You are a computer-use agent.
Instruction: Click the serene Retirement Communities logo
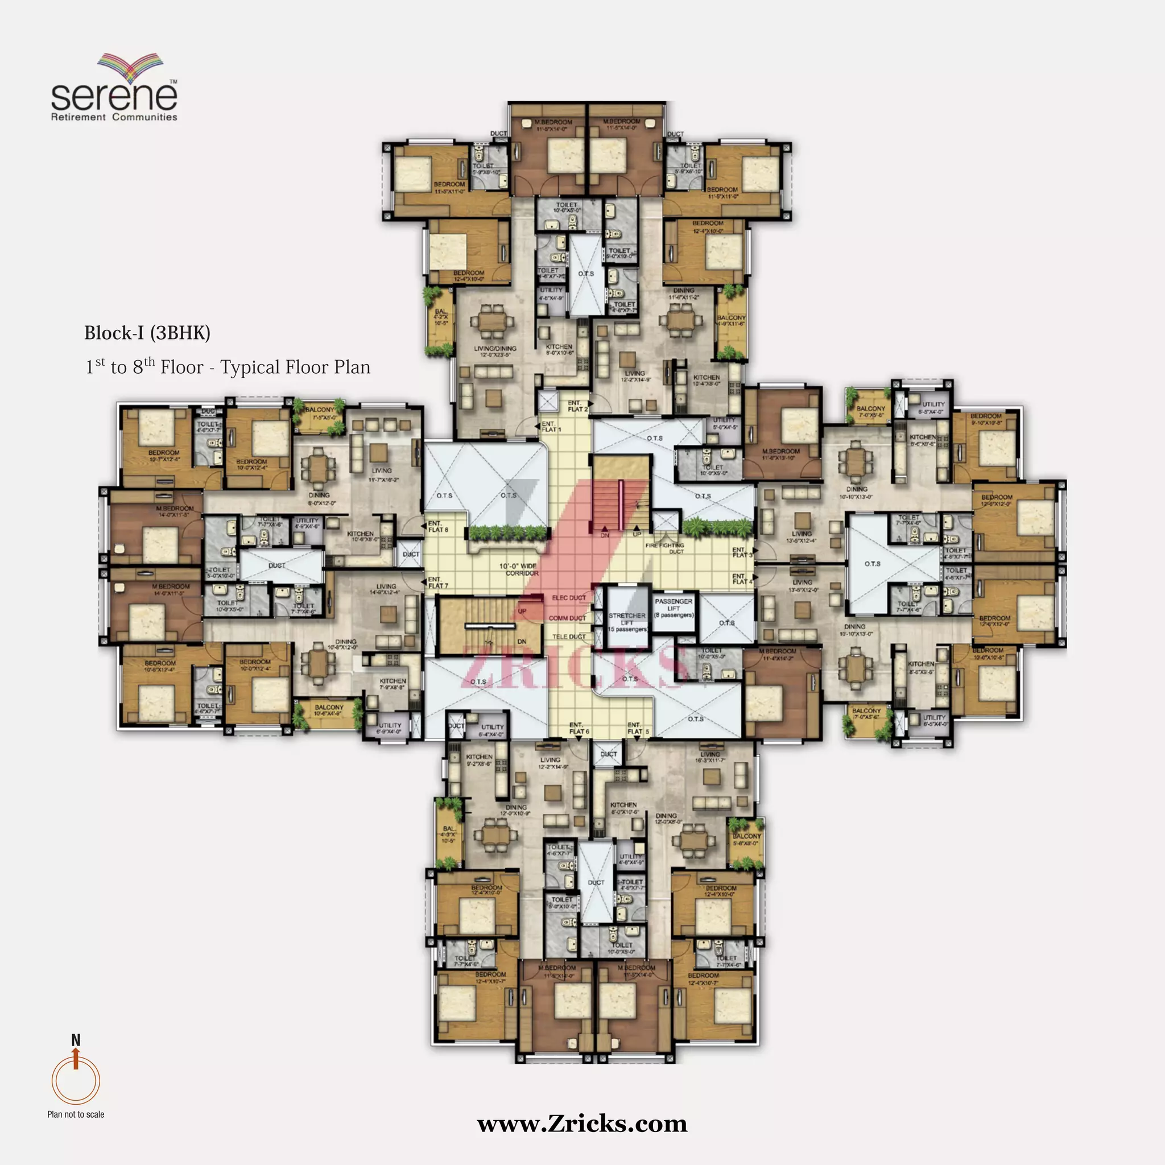tap(114, 89)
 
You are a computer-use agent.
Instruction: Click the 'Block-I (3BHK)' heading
tap(147, 333)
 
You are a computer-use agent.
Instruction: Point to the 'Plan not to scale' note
tap(76, 1114)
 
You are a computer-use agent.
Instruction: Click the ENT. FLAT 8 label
tap(438, 526)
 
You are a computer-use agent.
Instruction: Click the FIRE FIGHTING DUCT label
tap(664, 548)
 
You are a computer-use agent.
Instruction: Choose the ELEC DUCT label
tap(569, 598)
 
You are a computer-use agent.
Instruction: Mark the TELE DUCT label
tap(569, 637)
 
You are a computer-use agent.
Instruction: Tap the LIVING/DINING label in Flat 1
tap(495, 352)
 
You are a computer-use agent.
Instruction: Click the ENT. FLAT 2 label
tap(577, 406)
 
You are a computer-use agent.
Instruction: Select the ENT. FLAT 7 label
tap(438, 582)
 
